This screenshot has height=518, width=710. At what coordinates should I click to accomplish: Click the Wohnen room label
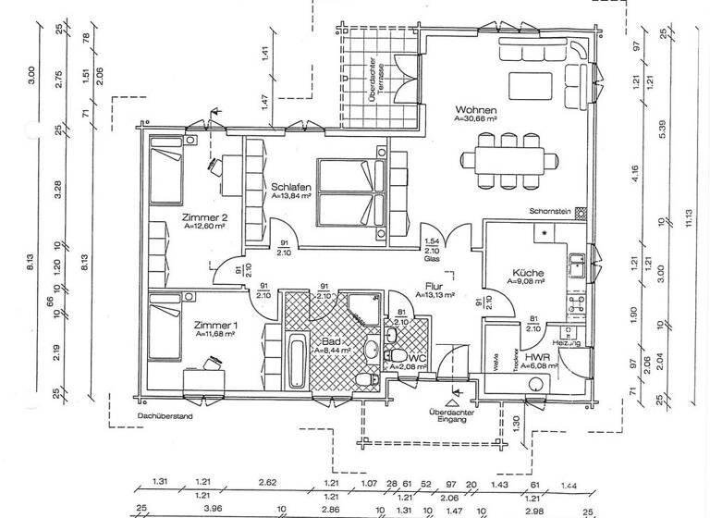476,108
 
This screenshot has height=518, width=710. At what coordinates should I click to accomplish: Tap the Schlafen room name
290,186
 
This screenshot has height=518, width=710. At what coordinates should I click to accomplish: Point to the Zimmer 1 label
216,326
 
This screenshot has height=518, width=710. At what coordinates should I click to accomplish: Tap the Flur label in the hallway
435,286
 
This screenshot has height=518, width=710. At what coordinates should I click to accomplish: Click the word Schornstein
550,210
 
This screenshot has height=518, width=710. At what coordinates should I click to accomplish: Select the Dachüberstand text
163,417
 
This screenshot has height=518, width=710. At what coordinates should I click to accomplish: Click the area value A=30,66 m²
476,119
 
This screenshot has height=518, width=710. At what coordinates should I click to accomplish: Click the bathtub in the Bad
296,361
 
